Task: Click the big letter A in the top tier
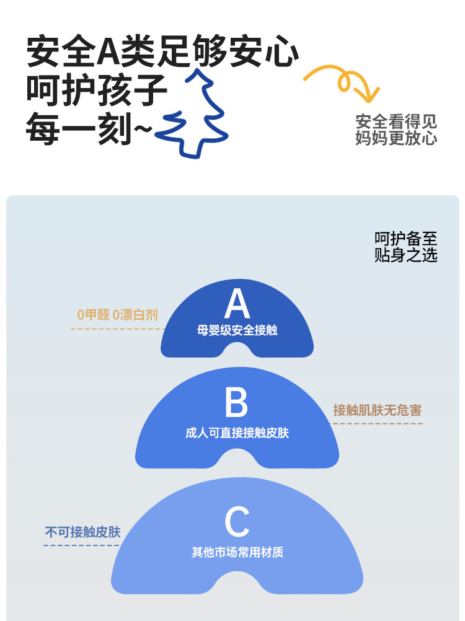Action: (237, 304)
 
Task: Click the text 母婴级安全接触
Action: (237, 330)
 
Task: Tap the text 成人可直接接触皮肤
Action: (237, 433)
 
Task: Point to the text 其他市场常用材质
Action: (237, 551)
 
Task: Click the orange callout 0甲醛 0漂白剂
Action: (118, 315)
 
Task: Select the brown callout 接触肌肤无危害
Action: (377, 410)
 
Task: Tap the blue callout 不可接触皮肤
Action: (82, 532)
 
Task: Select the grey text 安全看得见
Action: (396, 121)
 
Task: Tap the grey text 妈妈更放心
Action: (396, 138)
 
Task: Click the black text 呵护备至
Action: (405, 239)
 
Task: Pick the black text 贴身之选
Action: (405, 255)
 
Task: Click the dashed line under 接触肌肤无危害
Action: (377, 424)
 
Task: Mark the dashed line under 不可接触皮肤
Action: (81, 545)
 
